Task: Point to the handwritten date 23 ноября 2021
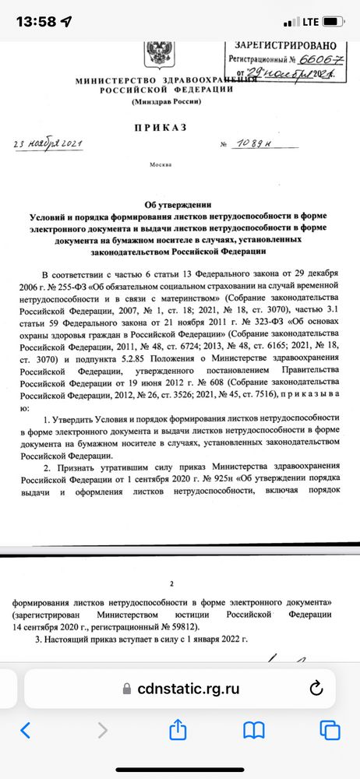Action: [x=49, y=143]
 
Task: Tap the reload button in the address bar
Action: [x=316, y=688]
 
